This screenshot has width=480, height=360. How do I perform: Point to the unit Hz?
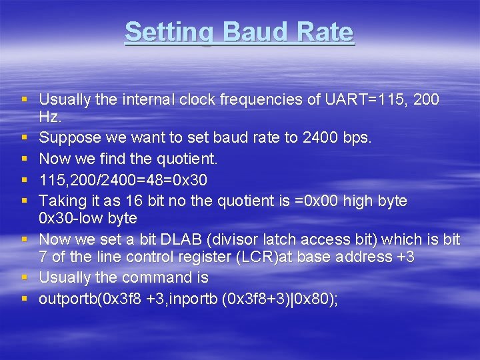(x=50, y=117)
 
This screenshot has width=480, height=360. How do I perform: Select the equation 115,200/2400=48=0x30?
(x=123, y=180)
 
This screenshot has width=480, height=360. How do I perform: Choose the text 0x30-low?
(x=69, y=219)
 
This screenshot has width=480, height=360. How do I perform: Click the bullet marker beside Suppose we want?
(x=25, y=139)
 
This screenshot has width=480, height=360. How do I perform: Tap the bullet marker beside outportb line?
(x=25, y=299)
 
